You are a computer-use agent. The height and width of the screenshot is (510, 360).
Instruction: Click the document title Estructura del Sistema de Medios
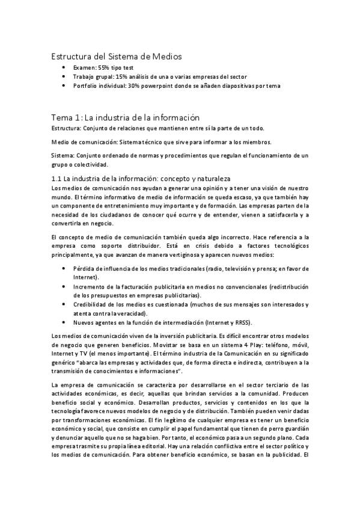(115, 56)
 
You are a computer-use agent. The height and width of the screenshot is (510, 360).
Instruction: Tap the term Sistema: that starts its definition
(63, 155)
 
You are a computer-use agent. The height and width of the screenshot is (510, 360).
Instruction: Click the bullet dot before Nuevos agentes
(65, 322)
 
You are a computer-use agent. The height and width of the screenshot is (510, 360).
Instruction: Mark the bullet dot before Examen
(65, 68)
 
